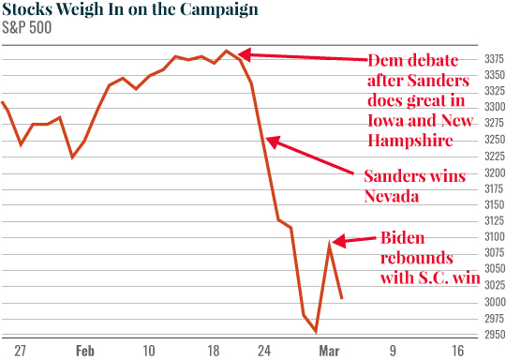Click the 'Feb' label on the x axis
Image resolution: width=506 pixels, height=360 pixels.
pos(84,351)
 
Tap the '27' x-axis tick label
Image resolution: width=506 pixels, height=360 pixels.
pos(20,351)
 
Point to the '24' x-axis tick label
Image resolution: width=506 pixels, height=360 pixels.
pos(265,351)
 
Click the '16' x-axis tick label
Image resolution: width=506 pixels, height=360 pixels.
pos(458,351)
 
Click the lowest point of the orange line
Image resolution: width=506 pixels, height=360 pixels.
pos(316,331)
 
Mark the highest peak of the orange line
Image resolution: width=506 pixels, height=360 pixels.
pos(227,51)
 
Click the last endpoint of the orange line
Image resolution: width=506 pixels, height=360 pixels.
pos(341,298)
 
